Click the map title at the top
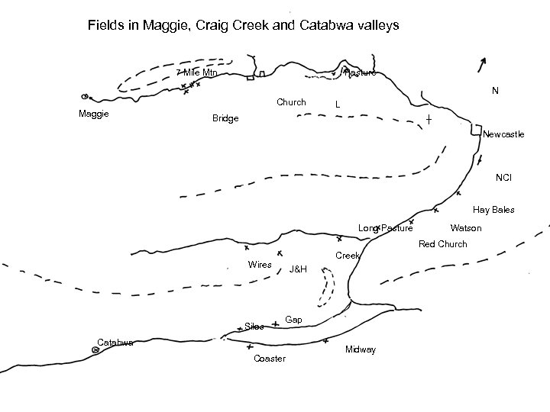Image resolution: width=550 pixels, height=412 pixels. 243,26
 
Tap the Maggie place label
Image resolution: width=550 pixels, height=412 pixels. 93,114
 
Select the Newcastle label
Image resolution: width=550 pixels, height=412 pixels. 503,134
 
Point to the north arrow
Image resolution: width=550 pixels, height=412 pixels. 480,64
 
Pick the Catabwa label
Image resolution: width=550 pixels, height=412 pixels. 116,342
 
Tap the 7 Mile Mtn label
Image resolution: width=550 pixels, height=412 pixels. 196,72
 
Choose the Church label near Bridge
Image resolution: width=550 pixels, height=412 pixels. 291,102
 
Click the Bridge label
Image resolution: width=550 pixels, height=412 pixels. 225,119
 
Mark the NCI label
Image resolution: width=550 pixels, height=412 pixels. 503,178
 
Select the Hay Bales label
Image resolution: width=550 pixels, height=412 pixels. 493,210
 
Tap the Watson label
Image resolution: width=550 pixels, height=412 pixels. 466,228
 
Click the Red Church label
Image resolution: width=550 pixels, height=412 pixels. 442,244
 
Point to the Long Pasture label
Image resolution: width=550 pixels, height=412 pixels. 386,228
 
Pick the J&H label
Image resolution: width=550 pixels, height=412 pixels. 298,269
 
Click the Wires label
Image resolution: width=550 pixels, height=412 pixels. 260,264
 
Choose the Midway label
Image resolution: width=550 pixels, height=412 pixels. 361,349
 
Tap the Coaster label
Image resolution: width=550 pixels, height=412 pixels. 270,359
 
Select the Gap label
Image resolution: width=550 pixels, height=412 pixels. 293,318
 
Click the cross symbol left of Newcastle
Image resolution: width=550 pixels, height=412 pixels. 429,121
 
